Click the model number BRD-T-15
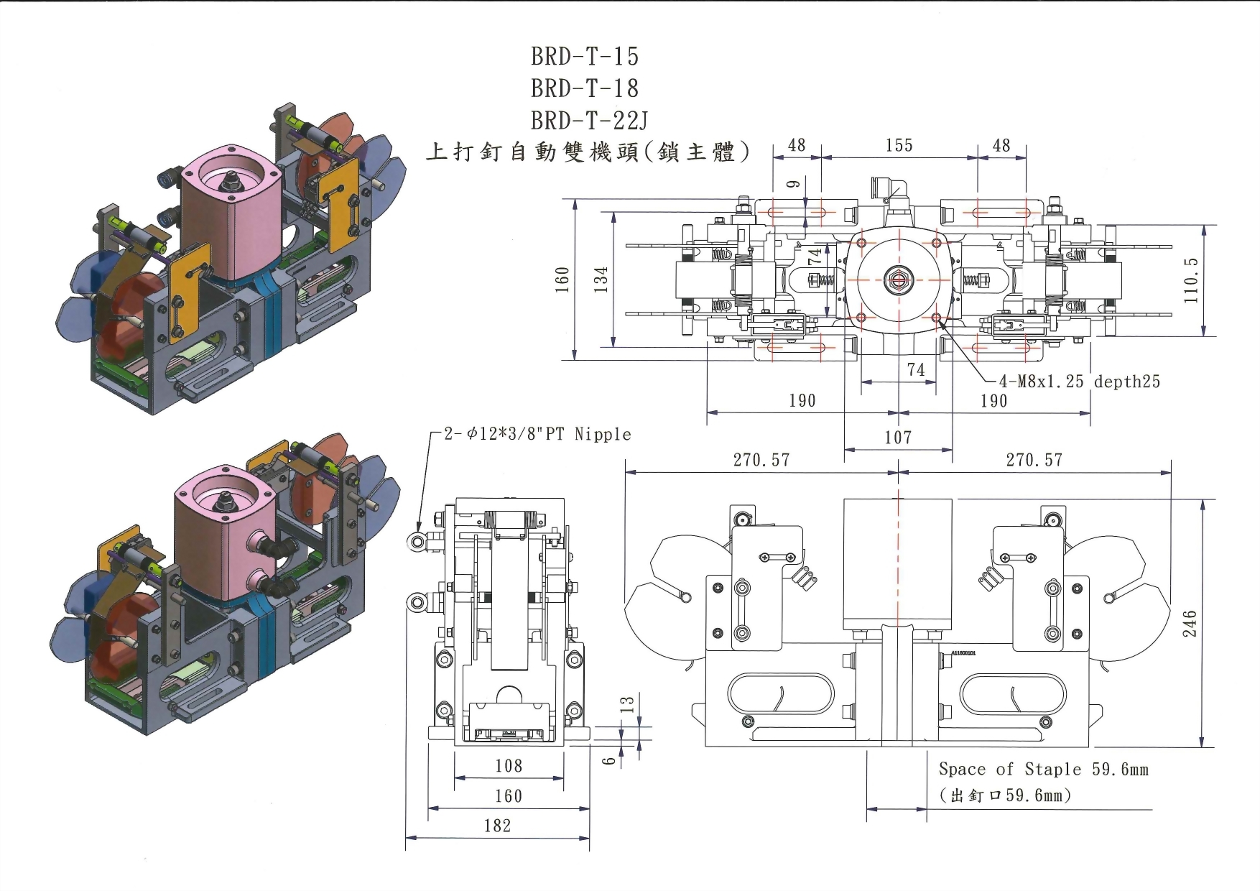(585, 56)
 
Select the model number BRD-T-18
(585, 88)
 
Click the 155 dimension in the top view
(899, 146)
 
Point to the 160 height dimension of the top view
(562, 279)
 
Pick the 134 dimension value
(601, 279)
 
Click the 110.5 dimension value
(1191, 280)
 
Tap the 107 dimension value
(898, 437)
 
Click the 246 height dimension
(1190, 623)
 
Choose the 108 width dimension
(509, 766)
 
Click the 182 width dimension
(497, 826)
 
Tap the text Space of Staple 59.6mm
(1043, 770)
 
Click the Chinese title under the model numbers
(588, 152)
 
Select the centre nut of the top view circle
(898, 279)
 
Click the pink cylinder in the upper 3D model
(228, 219)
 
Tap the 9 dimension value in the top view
(793, 184)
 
